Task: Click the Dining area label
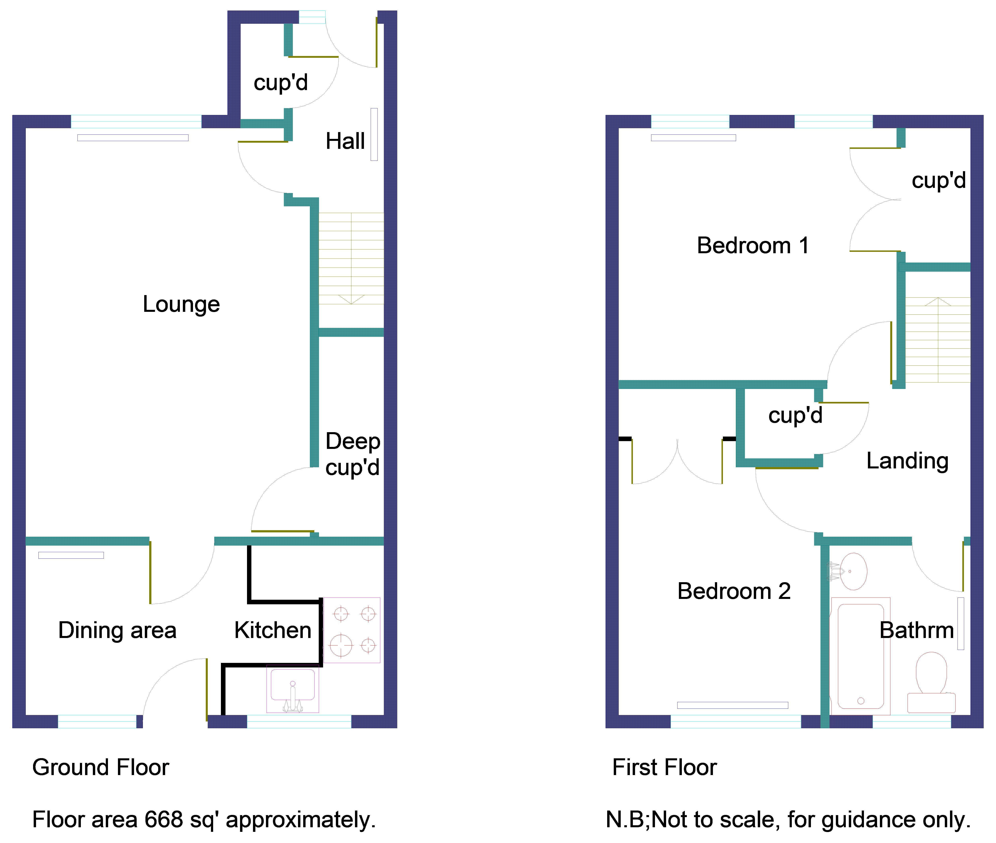[x=118, y=630]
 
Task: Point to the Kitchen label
[x=273, y=630]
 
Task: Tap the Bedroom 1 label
[x=753, y=246]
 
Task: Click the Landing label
[x=907, y=461]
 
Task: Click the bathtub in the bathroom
[x=860, y=656]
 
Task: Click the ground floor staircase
[x=351, y=259]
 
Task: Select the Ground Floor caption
[x=101, y=767]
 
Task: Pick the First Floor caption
[x=665, y=767]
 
